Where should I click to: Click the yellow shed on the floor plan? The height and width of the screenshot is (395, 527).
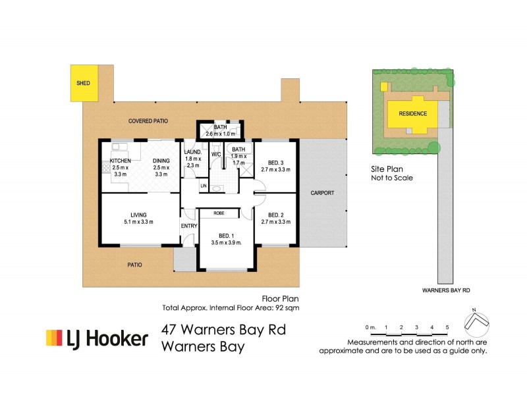(x=84, y=83)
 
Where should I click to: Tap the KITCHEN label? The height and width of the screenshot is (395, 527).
(x=121, y=161)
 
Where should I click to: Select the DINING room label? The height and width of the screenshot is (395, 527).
(x=161, y=161)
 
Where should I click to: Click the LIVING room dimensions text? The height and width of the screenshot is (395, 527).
(x=138, y=222)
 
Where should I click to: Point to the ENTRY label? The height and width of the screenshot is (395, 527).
(x=189, y=226)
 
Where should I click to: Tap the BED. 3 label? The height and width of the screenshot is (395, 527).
(x=276, y=163)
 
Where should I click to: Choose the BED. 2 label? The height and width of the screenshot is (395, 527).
(x=276, y=215)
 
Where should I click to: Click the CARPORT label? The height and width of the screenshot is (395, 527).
(x=323, y=193)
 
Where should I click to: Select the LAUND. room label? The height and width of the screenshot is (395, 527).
(x=192, y=152)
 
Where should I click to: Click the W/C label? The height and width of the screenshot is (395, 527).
(x=216, y=155)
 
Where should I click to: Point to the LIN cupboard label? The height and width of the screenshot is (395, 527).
(x=204, y=186)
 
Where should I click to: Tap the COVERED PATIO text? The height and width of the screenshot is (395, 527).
(x=148, y=121)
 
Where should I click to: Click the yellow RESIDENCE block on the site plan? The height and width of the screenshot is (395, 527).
(x=412, y=113)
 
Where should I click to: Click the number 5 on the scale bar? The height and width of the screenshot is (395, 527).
(x=447, y=327)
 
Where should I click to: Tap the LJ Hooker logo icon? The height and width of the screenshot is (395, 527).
(x=54, y=338)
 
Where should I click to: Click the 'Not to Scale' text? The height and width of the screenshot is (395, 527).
(x=392, y=178)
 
